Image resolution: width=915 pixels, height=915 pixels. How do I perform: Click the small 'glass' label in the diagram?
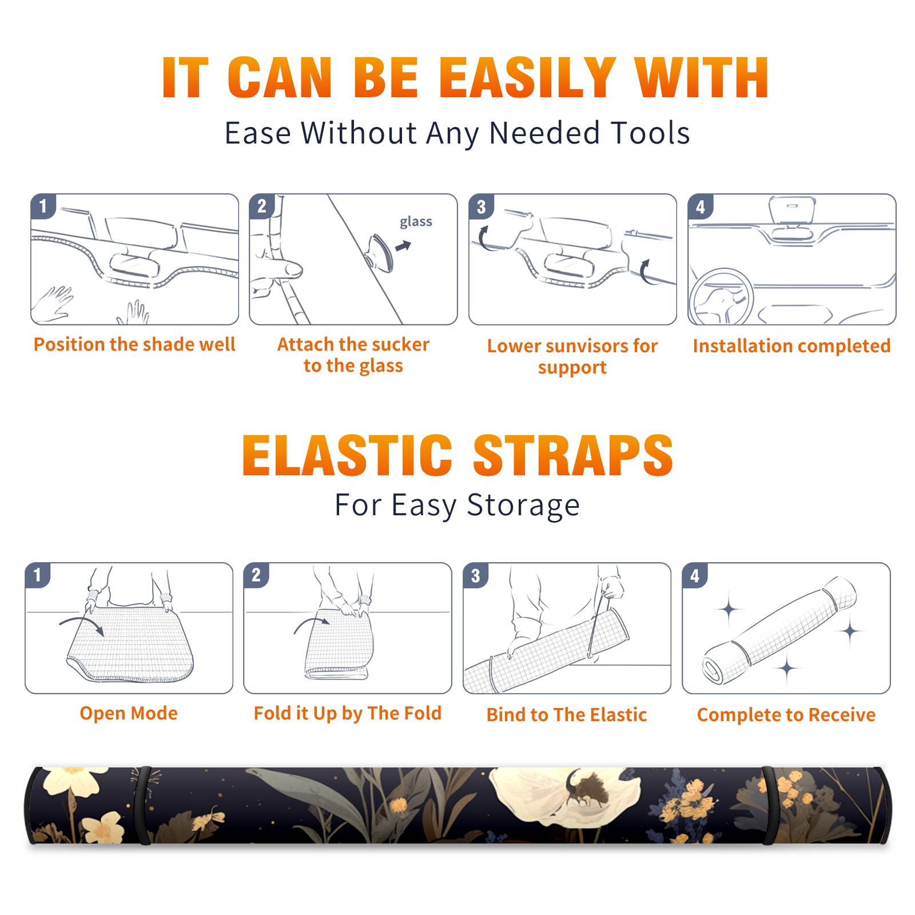(416, 222)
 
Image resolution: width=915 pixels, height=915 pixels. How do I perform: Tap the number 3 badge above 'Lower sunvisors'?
(481, 206)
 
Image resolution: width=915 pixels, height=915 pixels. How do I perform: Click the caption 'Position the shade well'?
(134, 344)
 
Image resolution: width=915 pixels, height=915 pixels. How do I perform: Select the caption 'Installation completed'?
(791, 346)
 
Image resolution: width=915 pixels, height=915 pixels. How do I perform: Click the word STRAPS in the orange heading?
(573, 455)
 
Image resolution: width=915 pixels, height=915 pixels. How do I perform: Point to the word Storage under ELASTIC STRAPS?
(523, 506)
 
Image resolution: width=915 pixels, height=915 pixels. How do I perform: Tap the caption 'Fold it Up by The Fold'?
(348, 713)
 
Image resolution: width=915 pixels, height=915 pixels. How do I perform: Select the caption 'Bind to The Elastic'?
(567, 715)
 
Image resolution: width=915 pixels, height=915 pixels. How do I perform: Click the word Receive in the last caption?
(842, 715)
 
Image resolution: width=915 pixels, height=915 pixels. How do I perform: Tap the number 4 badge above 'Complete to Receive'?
(695, 575)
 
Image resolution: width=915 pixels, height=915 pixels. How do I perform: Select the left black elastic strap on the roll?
(143, 805)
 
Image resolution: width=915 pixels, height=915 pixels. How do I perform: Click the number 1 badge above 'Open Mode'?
(37, 575)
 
